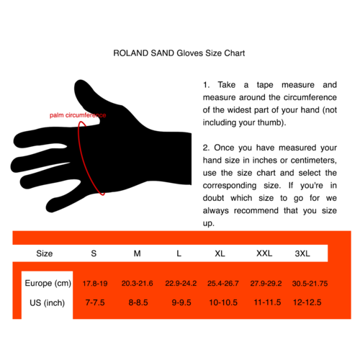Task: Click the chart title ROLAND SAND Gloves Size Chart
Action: point(180,53)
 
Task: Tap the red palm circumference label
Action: point(78,115)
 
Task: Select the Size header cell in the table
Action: point(45,253)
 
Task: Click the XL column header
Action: point(220,253)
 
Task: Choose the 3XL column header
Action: point(302,253)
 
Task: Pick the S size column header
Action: point(94,253)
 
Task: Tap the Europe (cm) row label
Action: point(48,283)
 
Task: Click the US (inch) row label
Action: point(45,303)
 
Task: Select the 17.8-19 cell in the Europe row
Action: point(94,283)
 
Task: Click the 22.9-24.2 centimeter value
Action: point(181,283)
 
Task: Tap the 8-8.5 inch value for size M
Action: point(137,303)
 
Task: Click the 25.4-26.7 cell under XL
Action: point(222,283)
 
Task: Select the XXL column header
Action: point(264,253)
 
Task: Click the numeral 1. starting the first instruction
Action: point(206,84)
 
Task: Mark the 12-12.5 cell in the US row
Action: point(307,303)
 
